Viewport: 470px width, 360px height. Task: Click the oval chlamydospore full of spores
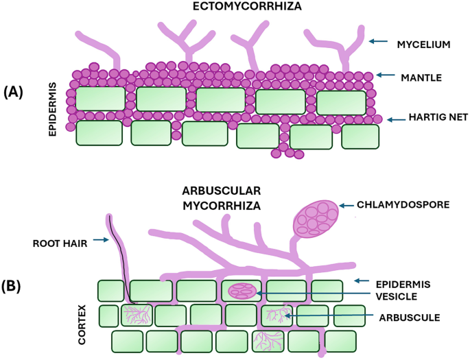[316, 219]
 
